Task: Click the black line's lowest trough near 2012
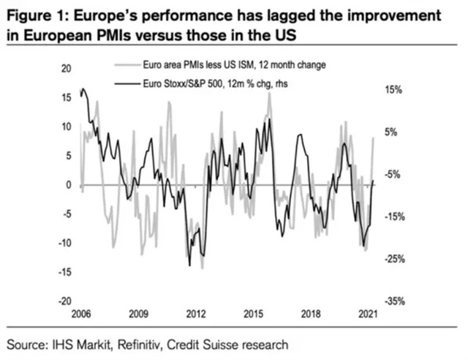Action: (190, 266)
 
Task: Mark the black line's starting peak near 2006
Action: (83, 89)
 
